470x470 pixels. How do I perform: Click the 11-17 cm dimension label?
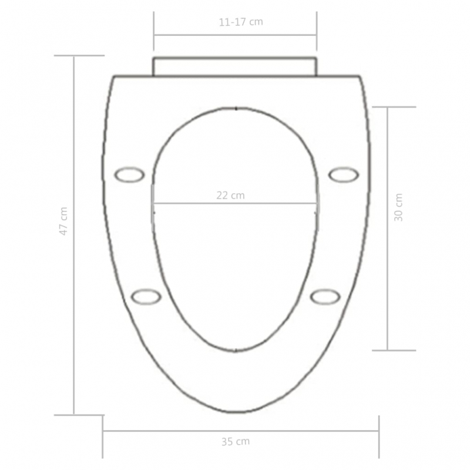click(240, 22)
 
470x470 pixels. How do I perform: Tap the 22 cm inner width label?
click(230, 196)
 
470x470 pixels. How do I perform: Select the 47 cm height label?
click(63, 221)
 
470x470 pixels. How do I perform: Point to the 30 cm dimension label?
click(399, 207)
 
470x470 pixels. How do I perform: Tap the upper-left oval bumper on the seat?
click(129, 174)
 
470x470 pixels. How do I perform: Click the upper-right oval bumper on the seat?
click(343, 174)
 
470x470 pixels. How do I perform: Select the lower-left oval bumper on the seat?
click(146, 297)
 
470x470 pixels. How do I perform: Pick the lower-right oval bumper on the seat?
click(325, 297)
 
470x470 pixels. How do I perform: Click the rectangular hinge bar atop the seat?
click(235, 66)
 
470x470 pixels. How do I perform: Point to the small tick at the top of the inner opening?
click(236, 108)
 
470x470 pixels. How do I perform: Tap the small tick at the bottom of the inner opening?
click(236, 351)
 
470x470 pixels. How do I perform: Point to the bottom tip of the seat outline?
click(236, 412)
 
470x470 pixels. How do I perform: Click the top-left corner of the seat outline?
click(113, 76)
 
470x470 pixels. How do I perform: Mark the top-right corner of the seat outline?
click(359, 76)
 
